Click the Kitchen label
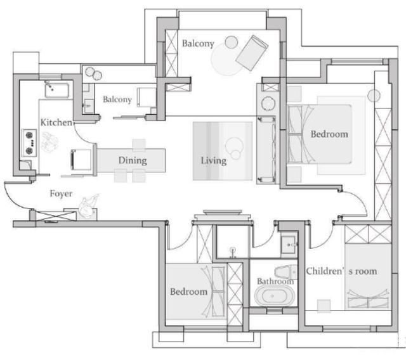click(x=56, y=122)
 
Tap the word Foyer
click(x=61, y=193)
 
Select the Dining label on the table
click(x=133, y=160)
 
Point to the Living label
click(x=214, y=160)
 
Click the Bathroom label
click(x=275, y=281)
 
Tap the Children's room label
click(x=341, y=271)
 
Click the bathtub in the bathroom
click(x=275, y=296)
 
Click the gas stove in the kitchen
click(x=29, y=143)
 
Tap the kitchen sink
click(x=57, y=90)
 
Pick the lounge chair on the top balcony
click(x=252, y=53)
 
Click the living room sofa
click(x=266, y=150)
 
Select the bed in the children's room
click(x=368, y=277)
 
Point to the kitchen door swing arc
click(x=82, y=136)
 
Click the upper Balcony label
click(x=198, y=44)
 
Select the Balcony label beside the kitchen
click(x=117, y=100)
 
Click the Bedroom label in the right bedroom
click(x=329, y=134)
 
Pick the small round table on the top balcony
click(x=231, y=42)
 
